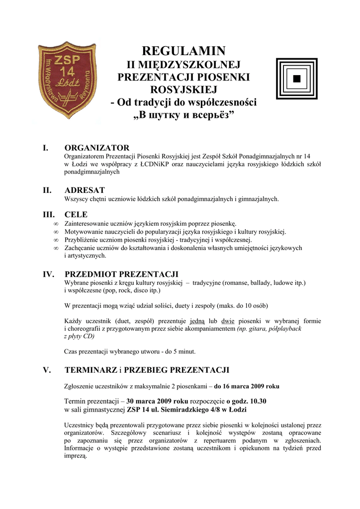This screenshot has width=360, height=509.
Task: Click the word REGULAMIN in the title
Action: click(183, 51)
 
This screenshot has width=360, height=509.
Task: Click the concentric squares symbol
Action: click(296, 79)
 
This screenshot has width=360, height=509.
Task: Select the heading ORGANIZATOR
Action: click(97, 148)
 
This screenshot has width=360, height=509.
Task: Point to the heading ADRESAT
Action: click(85, 190)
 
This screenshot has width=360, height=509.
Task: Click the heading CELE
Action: click(76, 215)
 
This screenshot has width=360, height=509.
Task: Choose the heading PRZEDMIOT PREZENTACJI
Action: click(122, 274)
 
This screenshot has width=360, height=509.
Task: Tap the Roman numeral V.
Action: click(47, 370)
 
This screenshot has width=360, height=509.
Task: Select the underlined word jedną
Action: click(196, 321)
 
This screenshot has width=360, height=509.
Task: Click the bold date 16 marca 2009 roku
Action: click(247, 386)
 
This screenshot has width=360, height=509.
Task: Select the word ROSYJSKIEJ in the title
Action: click(183, 90)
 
